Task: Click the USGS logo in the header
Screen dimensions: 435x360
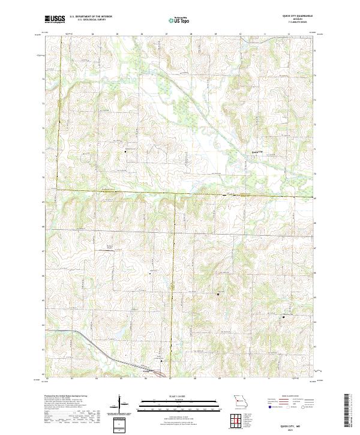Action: coord(55,19)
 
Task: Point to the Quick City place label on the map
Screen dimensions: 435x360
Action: coord(257,152)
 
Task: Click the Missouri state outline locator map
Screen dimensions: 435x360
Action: coord(240,401)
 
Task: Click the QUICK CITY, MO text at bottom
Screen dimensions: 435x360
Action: coord(296,425)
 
